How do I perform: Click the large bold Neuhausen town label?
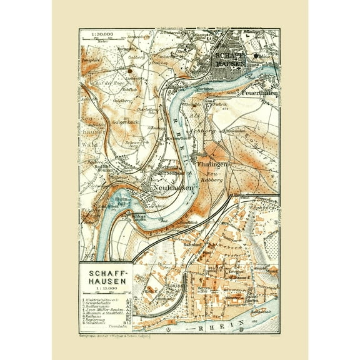click(170, 186)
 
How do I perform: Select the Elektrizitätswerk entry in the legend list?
click(98, 301)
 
